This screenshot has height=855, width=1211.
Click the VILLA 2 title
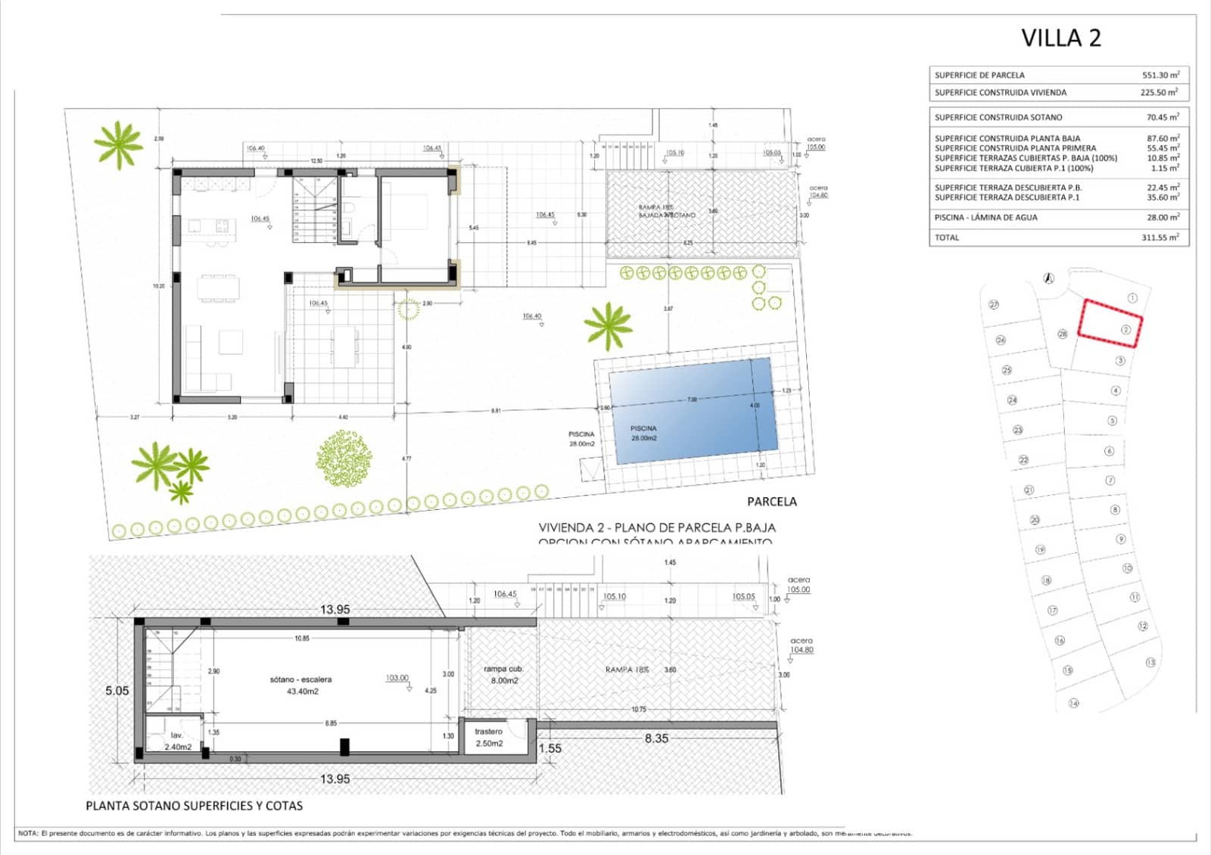1060,38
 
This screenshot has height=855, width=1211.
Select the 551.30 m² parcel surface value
1160,75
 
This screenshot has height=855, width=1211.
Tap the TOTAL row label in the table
947,238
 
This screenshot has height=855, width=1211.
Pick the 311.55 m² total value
1160,238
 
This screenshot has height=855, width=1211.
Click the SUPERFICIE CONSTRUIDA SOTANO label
998,117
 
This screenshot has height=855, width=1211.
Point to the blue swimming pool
693,410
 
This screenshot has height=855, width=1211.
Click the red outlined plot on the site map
1109,323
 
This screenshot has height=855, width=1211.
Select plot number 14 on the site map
1073,703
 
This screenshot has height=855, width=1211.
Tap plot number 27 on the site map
994,304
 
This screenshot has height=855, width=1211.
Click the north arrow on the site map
1049,278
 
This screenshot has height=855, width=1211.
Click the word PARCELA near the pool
771,502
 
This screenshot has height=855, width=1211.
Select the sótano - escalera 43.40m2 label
300,686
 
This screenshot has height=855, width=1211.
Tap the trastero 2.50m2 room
489,737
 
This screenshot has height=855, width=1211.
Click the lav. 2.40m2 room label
177,741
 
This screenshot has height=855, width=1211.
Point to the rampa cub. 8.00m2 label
503,674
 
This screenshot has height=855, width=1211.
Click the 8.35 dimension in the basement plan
656,738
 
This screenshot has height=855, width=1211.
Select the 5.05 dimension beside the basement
117,691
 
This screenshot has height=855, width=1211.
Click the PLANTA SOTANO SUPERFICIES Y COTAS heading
194,806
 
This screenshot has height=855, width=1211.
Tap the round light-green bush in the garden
344,458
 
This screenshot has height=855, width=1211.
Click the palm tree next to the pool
608,325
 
